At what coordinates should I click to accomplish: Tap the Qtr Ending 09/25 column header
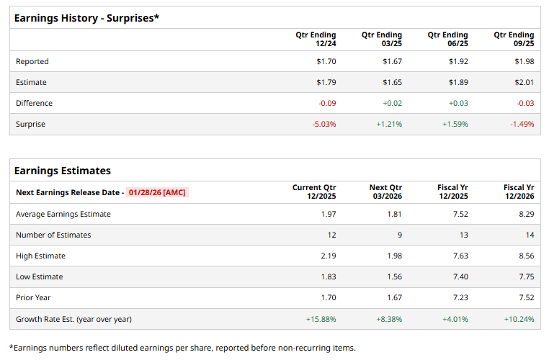click(x=514, y=39)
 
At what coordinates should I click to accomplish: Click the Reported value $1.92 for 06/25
click(x=458, y=61)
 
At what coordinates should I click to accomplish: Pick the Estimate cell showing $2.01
click(x=524, y=82)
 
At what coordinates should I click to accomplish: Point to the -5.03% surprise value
click(x=323, y=124)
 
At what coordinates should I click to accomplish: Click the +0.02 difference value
click(x=392, y=103)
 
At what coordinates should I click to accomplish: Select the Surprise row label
click(x=30, y=124)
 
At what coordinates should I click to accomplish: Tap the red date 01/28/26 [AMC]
click(x=157, y=192)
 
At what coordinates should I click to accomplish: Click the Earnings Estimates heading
click(x=63, y=171)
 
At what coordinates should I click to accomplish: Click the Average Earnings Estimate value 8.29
click(x=525, y=214)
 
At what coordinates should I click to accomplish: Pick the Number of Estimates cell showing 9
click(x=399, y=235)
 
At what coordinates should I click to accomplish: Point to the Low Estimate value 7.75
click(x=525, y=276)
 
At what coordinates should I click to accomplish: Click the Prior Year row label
click(x=33, y=297)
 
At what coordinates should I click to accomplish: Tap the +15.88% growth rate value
click(x=321, y=318)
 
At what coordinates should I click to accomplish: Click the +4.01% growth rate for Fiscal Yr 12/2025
click(x=455, y=318)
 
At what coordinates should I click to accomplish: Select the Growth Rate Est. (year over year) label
click(x=73, y=318)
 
